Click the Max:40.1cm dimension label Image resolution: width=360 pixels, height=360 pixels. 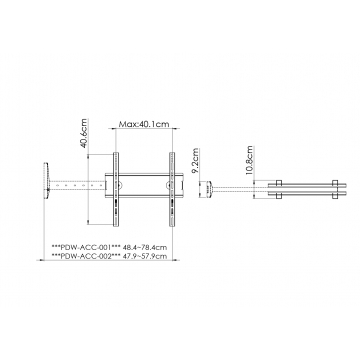coord(144,124)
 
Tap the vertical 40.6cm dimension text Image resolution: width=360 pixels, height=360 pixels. coord(84,133)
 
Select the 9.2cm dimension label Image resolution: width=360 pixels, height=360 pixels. coord(195,161)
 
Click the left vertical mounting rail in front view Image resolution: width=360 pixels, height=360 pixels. coord(116,190)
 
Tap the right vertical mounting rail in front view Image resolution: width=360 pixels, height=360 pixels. coord(172,190)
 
